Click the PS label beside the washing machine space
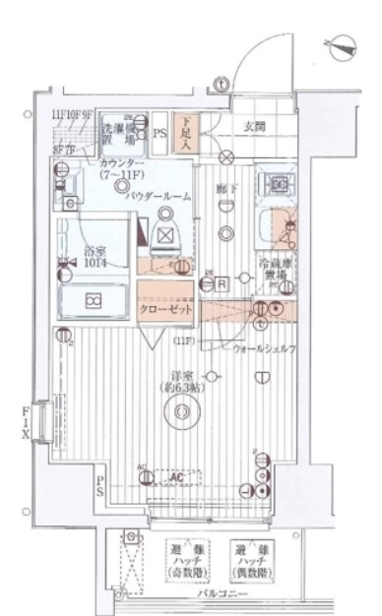pos(160,129)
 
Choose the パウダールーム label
pos(159,197)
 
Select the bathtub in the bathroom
pos(93,300)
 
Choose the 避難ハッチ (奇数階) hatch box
pos(183,562)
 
